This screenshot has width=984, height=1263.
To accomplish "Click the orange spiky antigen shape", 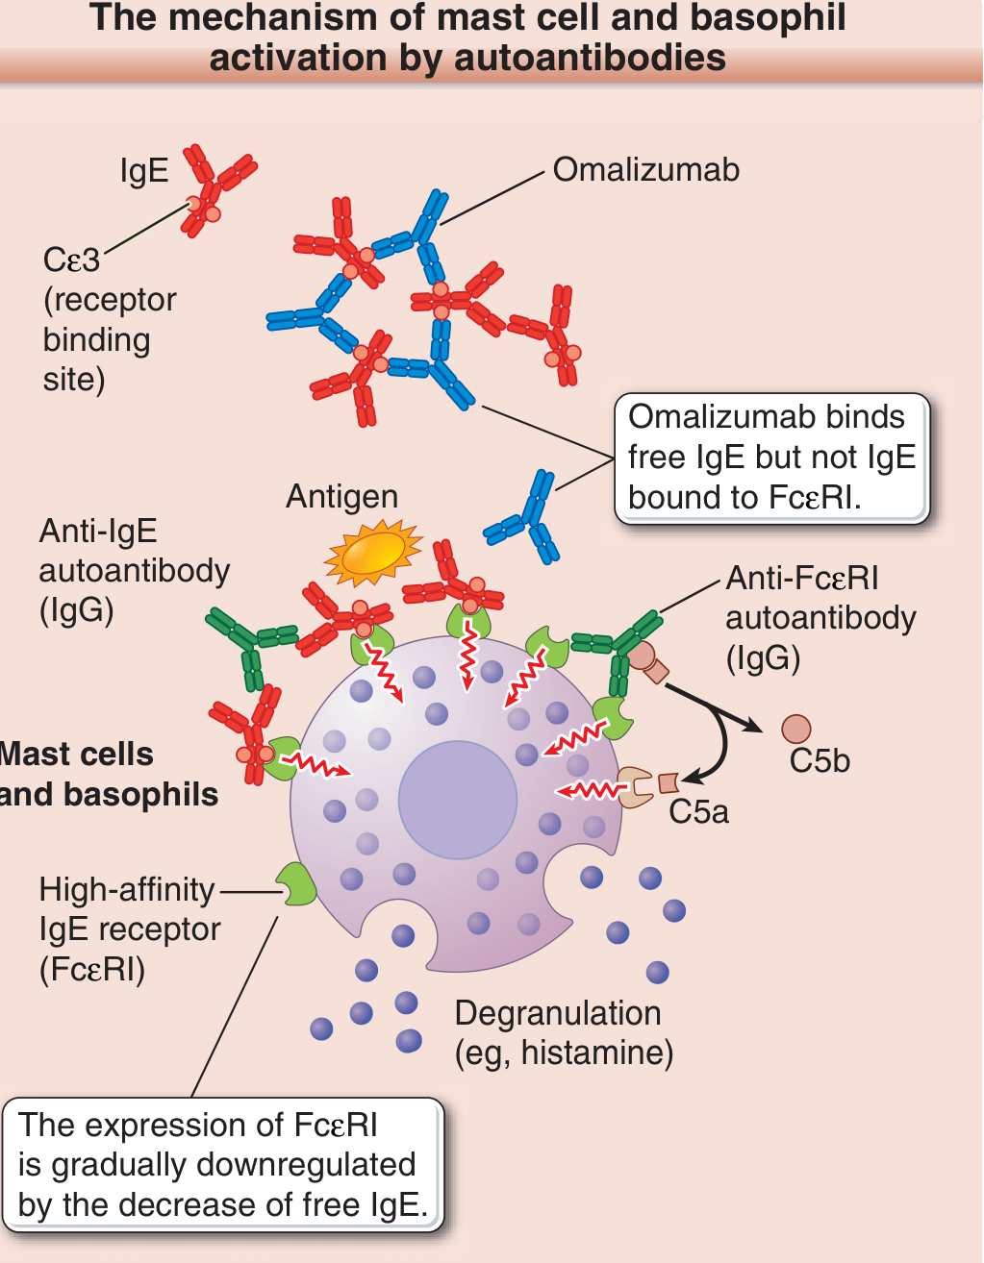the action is click(373, 552).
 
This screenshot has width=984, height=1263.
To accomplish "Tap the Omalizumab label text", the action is click(645, 170).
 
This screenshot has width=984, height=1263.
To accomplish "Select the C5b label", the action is click(820, 760).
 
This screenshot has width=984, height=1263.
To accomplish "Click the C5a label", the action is click(698, 811).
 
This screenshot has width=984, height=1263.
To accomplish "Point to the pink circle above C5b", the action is click(796, 729).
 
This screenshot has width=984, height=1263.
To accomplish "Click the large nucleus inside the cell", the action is click(458, 800).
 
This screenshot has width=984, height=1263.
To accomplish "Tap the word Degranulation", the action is click(558, 1013).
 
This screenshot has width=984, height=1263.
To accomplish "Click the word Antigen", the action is click(342, 497).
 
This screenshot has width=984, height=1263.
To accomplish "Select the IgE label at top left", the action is click(144, 171).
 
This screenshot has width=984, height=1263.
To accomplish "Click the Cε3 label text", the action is click(71, 260).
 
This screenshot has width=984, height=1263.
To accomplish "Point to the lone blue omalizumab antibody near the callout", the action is click(523, 517).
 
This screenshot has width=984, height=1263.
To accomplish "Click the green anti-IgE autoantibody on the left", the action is click(251, 645).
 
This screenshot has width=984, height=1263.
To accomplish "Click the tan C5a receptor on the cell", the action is click(635, 787).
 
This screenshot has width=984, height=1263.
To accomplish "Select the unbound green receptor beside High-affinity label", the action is click(296, 884).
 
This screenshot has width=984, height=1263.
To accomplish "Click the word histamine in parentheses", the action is click(592, 1053).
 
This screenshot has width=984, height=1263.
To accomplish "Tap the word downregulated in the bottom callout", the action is click(306, 1164).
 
